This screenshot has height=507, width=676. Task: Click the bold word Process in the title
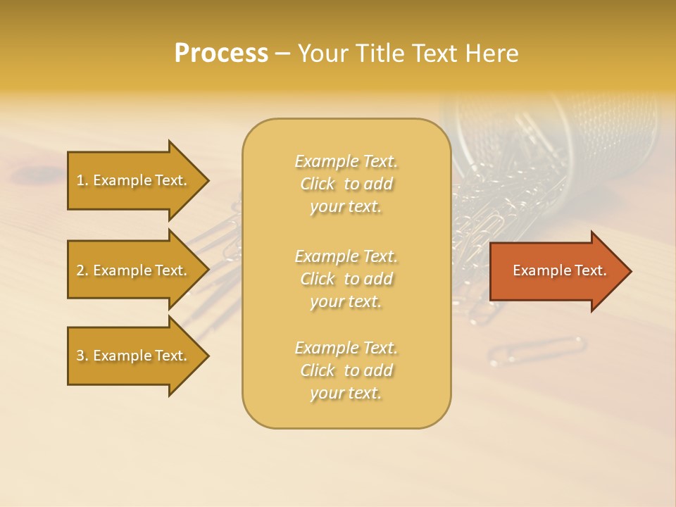(221, 54)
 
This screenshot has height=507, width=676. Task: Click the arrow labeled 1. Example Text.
(134, 180)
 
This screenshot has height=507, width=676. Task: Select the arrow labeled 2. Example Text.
(134, 270)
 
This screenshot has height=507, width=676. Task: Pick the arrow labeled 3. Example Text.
(134, 356)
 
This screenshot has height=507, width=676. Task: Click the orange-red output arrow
(556, 271)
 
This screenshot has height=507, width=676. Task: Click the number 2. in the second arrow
(82, 270)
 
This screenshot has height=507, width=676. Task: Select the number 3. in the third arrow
(82, 356)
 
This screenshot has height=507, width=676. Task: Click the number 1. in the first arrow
(82, 180)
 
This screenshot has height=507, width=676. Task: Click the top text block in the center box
(346, 184)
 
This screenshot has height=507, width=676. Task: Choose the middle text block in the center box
(346, 279)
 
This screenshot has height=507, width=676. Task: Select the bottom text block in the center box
(346, 370)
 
